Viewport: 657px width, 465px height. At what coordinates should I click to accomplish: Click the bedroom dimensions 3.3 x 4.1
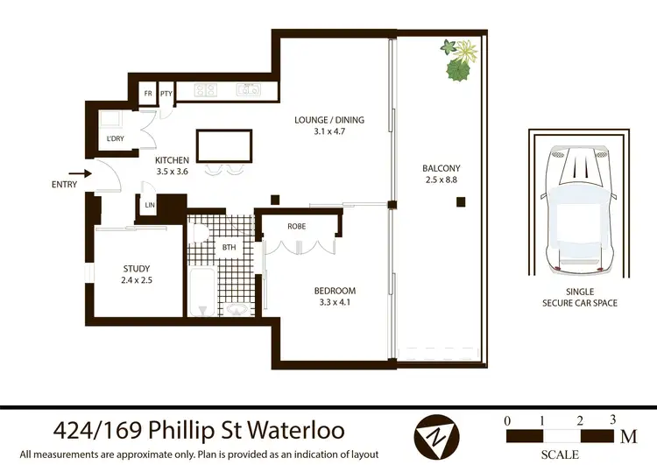pyautogui.click(x=335, y=303)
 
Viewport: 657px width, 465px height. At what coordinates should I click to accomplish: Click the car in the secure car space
pyautogui.click(x=579, y=209)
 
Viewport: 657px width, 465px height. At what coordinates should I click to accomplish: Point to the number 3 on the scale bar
pyautogui.click(x=613, y=419)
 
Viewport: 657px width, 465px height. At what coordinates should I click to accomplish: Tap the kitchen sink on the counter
pyautogui.click(x=249, y=88)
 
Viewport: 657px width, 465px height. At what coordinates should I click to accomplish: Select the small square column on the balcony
pyautogui.click(x=460, y=203)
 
